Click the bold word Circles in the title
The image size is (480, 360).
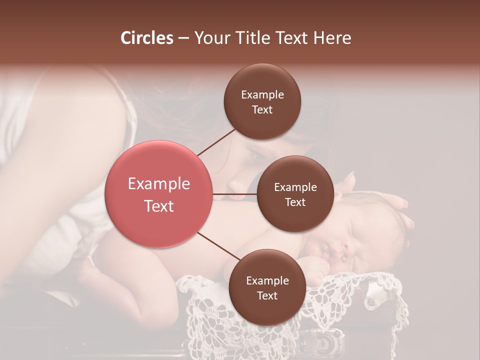tap(147, 38)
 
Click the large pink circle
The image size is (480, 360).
tap(158, 194)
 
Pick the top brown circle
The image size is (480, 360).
tap(262, 101)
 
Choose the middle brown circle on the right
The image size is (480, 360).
tap(295, 194)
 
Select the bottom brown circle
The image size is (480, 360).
tap(267, 287)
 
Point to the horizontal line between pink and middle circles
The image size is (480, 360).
tap(235, 194)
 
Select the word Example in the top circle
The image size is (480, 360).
tap(262, 94)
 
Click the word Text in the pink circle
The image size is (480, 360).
tap(158, 206)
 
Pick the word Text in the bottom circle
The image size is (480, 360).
tap(267, 295)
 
